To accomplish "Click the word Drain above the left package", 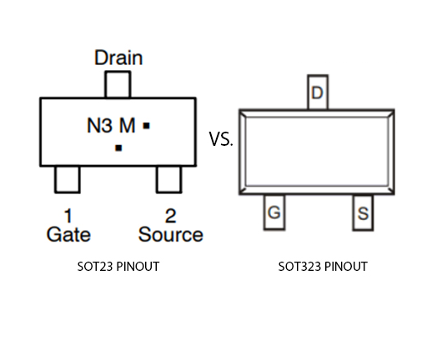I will (x=118, y=57).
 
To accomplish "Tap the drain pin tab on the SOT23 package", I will (x=118, y=84).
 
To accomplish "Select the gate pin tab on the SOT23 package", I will (x=68, y=178).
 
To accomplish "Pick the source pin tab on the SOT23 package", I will (x=168, y=178).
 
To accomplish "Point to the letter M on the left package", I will (x=127, y=126).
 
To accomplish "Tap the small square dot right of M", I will (x=146, y=126).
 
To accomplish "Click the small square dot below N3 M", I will (x=118, y=147).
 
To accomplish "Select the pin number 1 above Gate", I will (x=68, y=216).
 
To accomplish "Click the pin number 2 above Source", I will (x=170, y=216).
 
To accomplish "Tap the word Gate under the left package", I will (x=68, y=234).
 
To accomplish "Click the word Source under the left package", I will (x=170, y=234).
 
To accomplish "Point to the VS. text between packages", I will (x=221, y=139).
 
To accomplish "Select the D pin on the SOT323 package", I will (x=317, y=93).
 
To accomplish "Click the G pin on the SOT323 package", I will (x=274, y=214).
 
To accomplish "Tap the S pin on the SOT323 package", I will (x=363, y=214).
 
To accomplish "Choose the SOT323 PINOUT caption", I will (x=323, y=267).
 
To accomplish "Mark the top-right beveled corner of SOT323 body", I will (x=391, y=112).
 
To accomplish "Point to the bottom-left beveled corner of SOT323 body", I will (x=243, y=191).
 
